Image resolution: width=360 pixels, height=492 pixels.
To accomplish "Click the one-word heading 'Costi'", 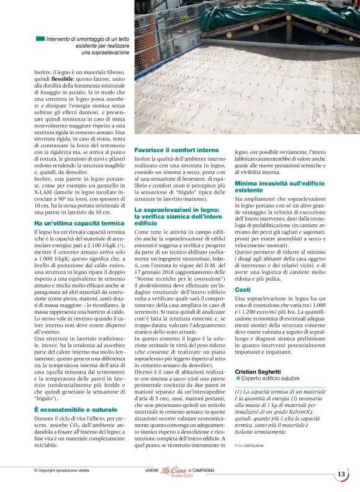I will [x=243, y=289].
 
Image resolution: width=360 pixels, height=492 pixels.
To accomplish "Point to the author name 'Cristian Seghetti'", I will [x=258, y=371].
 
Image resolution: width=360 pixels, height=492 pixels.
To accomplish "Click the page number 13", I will [x=341, y=474].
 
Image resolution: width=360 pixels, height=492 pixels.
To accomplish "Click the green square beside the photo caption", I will [x=40, y=39].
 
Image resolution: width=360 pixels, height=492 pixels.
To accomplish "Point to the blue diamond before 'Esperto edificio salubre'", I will [x=237, y=378].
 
